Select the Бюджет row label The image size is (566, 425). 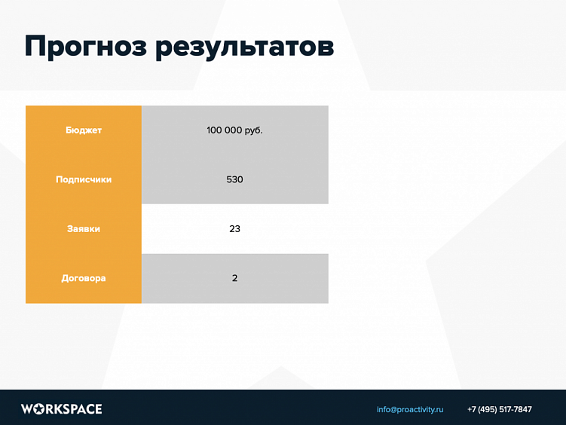pyautogui.click(x=84, y=130)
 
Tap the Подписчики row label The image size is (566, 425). pyautogui.click(x=84, y=179)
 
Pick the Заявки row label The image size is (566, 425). pyautogui.click(x=84, y=228)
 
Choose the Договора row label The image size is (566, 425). pyautogui.click(x=84, y=278)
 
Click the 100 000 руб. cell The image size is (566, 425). pyautogui.click(x=234, y=130)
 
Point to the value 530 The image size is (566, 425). pyautogui.click(x=234, y=179)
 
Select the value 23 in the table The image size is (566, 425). pyautogui.click(x=234, y=228)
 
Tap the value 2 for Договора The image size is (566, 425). pyautogui.click(x=234, y=278)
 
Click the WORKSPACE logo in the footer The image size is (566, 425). pyautogui.click(x=61, y=409)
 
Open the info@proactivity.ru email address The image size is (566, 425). pyautogui.click(x=410, y=410)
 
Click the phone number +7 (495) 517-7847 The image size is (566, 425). pyautogui.click(x=499, y=410)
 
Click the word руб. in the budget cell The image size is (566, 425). pyautogui.click(x=254, y=130)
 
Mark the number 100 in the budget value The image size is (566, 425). pyautogui.click(x=214, y=130)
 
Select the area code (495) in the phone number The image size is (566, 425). pyautogui.click(x=487, y=410)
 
